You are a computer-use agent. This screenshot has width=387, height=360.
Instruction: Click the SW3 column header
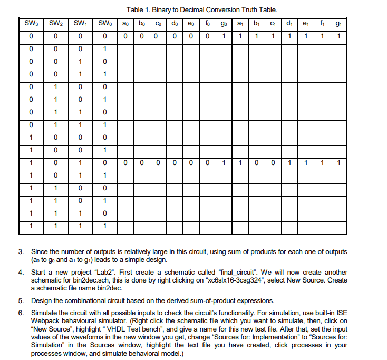click(32, 24)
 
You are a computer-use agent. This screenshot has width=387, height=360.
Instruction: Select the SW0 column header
click(104, 24)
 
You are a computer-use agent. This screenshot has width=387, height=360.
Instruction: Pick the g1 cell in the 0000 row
click(338, 36)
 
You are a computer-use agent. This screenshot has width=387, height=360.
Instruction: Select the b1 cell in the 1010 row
click(257, 163)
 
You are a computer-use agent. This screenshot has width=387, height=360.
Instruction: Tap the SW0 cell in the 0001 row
click(104, 49)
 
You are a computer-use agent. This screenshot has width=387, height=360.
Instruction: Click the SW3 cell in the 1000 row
click(32, 138)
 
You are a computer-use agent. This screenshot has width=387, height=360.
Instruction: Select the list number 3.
click(22, 251)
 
